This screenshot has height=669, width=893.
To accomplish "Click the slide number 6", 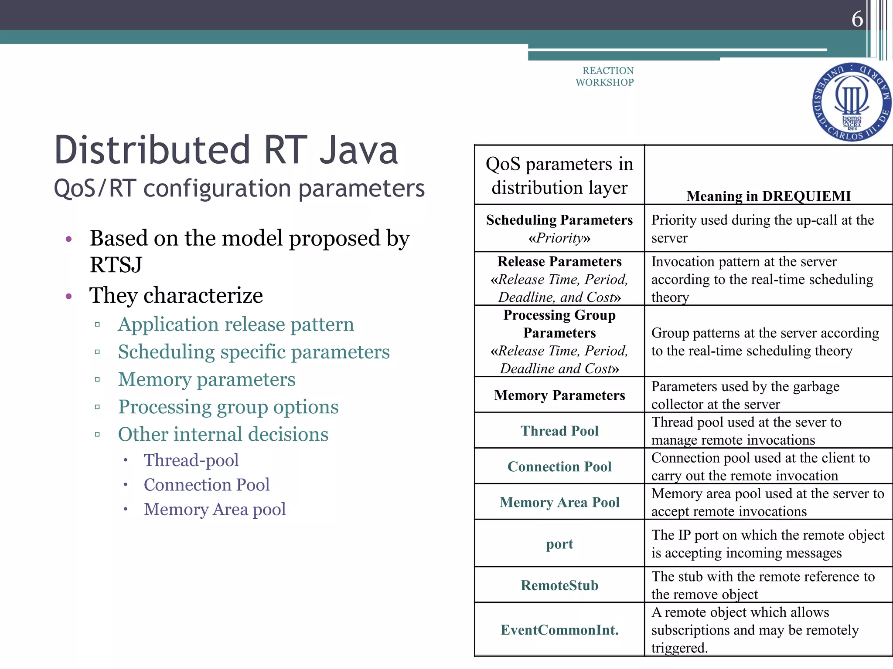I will point(857,19).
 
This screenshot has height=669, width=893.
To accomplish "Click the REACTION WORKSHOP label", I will point(605,77).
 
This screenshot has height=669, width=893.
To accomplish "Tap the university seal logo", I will point(852,102).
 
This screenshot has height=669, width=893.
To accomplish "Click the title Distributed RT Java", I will point(226,150).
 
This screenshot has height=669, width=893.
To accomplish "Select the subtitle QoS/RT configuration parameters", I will point(239,189).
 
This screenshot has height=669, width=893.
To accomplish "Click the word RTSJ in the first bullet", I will point(116,265).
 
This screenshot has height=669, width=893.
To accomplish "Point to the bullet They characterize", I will point(176,296).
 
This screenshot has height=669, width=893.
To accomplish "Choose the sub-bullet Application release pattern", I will point(235,324).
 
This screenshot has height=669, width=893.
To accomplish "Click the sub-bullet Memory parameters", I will point(207,379).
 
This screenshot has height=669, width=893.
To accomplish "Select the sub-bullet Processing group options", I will point(228,407).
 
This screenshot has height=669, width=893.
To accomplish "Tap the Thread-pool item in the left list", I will point(191,460).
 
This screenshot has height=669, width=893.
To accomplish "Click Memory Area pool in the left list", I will point(215,509).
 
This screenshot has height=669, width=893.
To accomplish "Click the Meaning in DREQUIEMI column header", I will point(768,196).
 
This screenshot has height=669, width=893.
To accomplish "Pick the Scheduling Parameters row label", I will point(559,220).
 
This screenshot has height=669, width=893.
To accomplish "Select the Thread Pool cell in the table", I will point(559,431).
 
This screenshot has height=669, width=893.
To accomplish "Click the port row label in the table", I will point(559,544).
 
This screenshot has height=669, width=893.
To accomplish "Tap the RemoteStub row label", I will point(559,585).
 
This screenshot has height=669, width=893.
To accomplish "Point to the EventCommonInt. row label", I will point(559,630).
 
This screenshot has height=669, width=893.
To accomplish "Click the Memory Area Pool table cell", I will point(559,502).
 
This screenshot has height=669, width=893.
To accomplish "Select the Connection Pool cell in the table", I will point(559,466).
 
